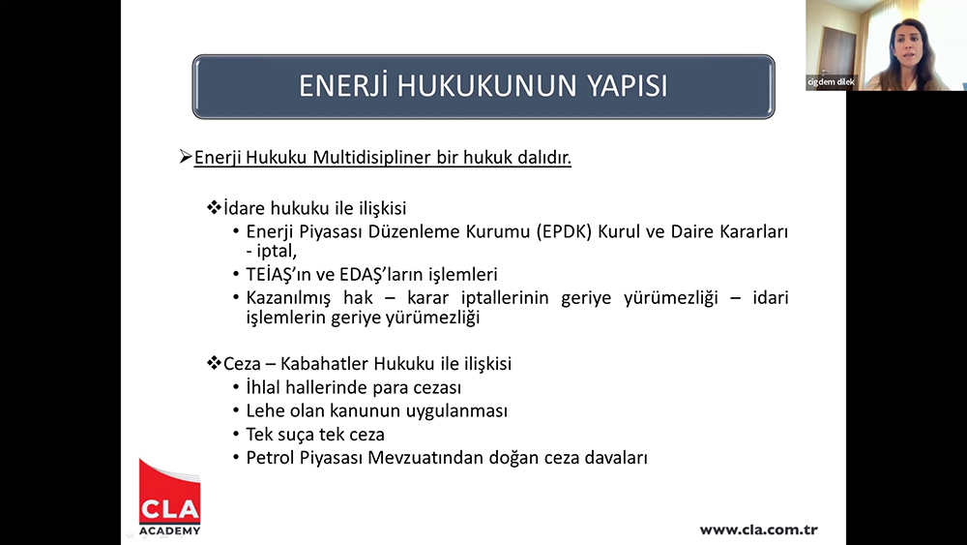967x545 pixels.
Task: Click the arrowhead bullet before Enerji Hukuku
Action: point(186,157)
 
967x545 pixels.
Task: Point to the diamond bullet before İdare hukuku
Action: point(214,207)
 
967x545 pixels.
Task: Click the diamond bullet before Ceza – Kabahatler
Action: point(214,363)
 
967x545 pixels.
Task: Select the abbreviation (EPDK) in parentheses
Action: point(565,232)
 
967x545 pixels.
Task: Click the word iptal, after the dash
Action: point(277,252)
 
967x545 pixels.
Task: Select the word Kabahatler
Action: point(324,364)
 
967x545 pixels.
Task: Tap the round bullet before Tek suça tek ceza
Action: point(236,435)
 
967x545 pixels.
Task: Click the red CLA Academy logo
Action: point(169,497)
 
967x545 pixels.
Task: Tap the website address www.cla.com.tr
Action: point(758,530)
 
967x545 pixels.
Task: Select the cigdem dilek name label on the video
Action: point(832,82)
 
